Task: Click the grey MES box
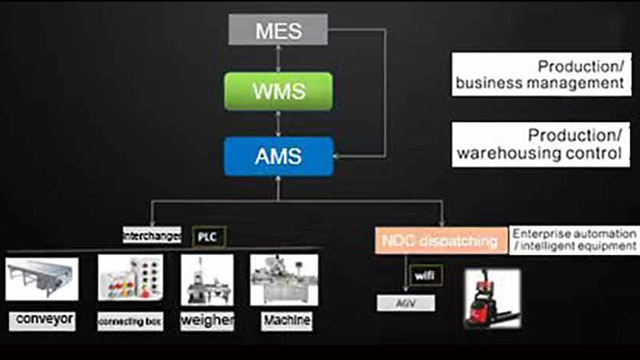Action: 278,30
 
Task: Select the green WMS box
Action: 278,90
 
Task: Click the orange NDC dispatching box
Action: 439,240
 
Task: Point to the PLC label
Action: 210,237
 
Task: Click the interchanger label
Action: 152,236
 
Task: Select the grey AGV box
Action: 406,303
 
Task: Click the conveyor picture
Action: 42,278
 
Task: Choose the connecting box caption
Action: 130,322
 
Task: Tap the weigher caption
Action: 206,321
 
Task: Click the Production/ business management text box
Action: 541,74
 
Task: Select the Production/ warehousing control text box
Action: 541,144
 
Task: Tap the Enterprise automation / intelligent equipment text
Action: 574,240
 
